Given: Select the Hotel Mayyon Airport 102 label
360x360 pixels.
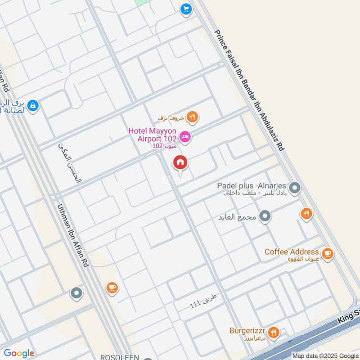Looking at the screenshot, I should (152, 135).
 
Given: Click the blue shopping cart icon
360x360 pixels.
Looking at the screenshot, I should (185, 9).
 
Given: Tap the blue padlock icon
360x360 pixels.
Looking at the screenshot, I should (32, 106).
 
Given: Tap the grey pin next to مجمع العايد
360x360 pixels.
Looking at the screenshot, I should (265, 216).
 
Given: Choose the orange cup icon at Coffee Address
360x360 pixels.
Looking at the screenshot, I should (328, 254).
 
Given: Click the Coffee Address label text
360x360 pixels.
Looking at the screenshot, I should (292, 252).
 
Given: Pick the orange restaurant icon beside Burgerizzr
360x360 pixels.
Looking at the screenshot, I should (273, 333).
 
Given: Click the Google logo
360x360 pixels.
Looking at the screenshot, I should (19, 353).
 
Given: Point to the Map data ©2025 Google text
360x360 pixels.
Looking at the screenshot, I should (325, 355).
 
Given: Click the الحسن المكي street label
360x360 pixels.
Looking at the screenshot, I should (71, 162).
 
